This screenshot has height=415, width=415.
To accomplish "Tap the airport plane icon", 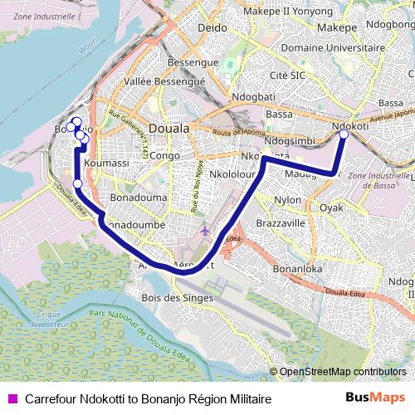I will pos(206,230).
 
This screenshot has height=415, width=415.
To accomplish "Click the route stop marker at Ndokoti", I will pos(344,133).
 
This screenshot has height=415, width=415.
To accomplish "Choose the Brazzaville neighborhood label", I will pos(281,223).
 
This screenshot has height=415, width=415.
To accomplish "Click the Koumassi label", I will pos(106,164).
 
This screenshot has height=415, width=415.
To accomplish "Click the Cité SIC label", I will pos(290,76).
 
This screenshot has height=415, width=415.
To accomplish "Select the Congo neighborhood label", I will pos(164,155).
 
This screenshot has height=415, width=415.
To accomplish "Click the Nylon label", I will pos(288,200).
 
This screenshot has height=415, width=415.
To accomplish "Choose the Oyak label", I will pos(331,207).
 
